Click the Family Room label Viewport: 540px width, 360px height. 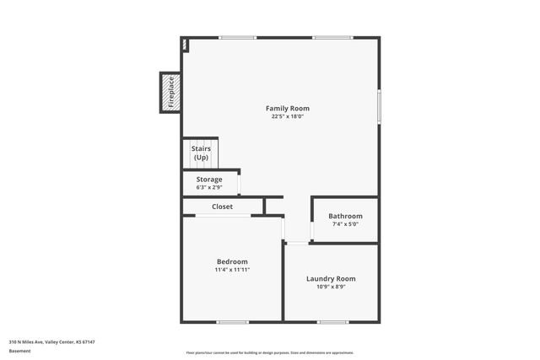pyautogui.click(x=288, y=108)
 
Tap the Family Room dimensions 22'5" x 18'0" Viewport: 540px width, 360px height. pyautogui.click(x=288, y=116)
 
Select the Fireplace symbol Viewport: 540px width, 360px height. pyautogui.click(x=170, y=93)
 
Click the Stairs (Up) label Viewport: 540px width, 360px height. pyautogui.click(x=201, y=153)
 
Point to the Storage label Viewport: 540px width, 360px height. pyautogui.click(x=209, y=180)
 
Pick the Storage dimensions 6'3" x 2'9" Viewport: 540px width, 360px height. pyautogui.click(x=209, y=187)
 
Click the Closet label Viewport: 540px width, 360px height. pyautogui.click(x=223, y=207)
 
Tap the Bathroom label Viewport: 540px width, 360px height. pyautogui.click(x=345, y=216)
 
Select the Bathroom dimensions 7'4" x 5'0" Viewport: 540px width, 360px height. pyautogui.click(x=345, y=224)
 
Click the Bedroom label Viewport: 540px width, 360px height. pyautogui.click(x=232, y=261)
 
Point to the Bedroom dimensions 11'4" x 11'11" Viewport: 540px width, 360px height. pyautogui.click(x=232, y=270)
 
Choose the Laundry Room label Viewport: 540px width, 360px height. pyautogui.click(x=331, y=278)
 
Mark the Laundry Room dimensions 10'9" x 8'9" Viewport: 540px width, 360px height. pyautogui.click(x=331, y=287)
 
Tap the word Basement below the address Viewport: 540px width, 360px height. pyautogui.click(x=20, y=351)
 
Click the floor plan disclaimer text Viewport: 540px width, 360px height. pyautogui.click(x=270, y=352)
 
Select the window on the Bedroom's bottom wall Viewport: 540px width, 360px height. pyautogui.click(x=232, y=322)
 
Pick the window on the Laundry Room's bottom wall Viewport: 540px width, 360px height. pyautogui.click(x=332, y=322)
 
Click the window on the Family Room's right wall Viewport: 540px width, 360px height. pyautogui.click(x=379, y=105)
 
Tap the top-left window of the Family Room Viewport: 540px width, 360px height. pyautogui.click(x=237, y=37)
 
